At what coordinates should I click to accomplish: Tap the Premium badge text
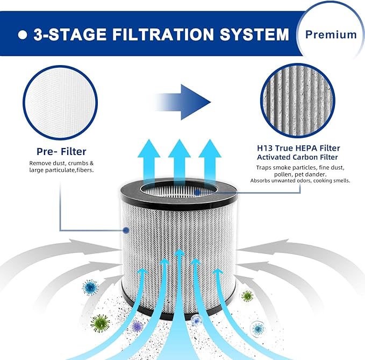point(331,34)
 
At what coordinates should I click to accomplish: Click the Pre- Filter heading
point(62,152)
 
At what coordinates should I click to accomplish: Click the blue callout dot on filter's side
point(125,230)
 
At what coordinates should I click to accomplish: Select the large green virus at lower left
point(100,323)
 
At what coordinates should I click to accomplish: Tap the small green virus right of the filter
point(247,295)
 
